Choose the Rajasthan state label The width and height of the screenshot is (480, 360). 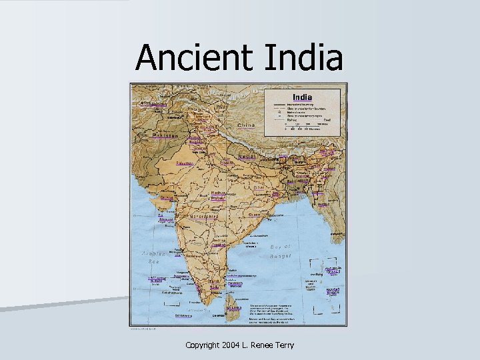click(185, 163)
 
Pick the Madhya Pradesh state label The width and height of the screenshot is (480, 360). click(218, 195)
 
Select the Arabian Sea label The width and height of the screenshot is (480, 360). click(152, 256)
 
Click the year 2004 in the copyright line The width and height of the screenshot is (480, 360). click(227, 345)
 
